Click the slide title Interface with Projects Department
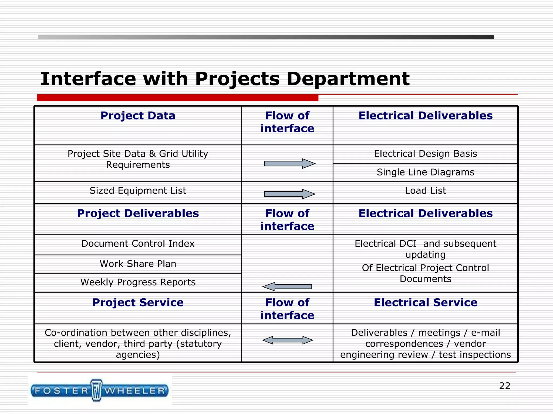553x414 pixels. coord(225,79)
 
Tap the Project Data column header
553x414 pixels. coord(138,116)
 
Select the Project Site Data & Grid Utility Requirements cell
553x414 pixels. coord(138,159)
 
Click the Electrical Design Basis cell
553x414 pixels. coord(425,154)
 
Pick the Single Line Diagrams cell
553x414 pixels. coord(425,172)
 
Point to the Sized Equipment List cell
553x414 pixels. coord(138,191)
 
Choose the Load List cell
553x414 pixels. coord(425,191)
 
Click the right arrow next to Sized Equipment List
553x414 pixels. coord(289,194)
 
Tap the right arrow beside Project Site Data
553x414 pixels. coord(289,164)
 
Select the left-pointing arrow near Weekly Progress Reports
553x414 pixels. coord(287,287)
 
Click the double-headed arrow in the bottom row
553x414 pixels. coord(288,340)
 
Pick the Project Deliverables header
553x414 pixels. coord(138,213)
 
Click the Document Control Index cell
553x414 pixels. coord(138,244)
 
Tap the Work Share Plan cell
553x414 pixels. coord(138,264)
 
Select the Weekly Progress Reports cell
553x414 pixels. coord(138,282)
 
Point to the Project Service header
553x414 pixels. coord(138,303)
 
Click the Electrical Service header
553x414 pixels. coord(425,303)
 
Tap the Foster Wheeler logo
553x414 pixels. coord(100,391)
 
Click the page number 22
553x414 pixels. coord(504,386)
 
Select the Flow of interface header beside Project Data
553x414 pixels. coord(287,122)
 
